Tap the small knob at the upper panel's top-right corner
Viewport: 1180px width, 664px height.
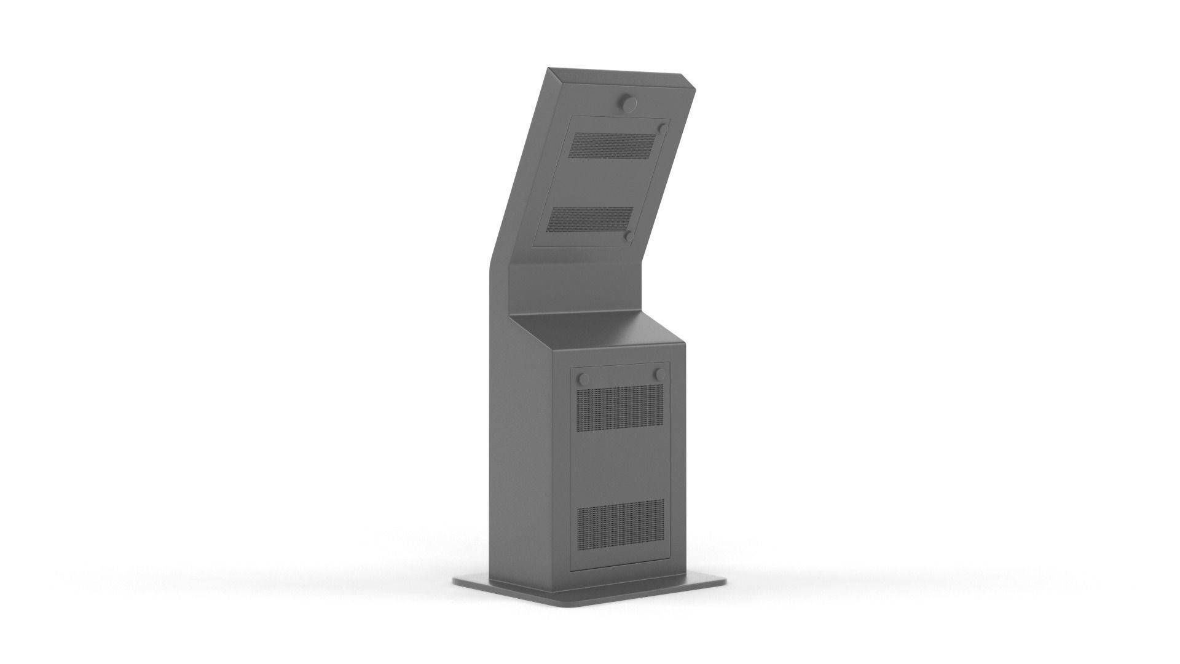tap(663, 128)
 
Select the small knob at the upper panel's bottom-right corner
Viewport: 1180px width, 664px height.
tap(629, 235)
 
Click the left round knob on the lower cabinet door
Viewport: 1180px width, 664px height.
tap(584, 379)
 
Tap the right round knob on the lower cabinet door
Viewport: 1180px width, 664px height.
tap(660, 374)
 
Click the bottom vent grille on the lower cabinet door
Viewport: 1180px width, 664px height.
tap(621, 523)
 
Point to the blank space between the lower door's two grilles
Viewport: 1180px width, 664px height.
tap(621, 464)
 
